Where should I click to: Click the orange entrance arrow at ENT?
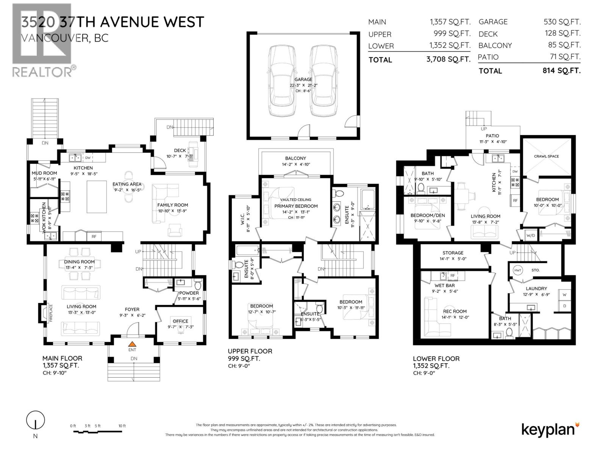132,344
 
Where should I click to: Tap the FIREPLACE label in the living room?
51,313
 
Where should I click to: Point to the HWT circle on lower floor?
518,270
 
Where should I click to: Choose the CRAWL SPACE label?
546,156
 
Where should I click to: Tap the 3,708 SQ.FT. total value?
448,59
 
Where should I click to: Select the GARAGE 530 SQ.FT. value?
562,22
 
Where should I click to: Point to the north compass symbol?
35,420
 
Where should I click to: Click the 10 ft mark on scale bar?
122,426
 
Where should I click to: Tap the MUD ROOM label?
44,173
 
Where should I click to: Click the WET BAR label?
445,286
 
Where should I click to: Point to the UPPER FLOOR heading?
250,351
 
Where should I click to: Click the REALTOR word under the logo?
42,71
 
